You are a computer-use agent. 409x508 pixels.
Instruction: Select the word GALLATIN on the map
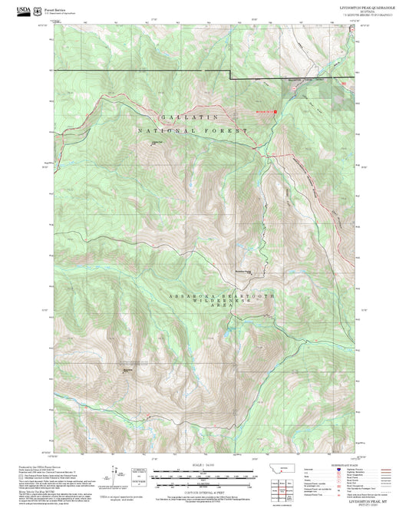(x=189, y=117)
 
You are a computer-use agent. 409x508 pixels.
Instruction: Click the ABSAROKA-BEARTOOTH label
(x=221, y=295)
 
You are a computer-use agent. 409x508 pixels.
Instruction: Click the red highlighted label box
(x=265, y=109)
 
